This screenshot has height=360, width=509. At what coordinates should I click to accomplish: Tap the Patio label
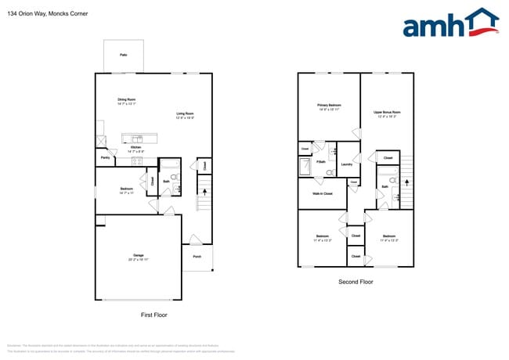(124, 55)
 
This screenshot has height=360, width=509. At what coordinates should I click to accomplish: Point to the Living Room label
(186, 114)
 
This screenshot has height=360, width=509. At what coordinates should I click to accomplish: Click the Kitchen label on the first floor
(135, 149)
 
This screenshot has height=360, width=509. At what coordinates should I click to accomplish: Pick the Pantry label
(105, 158)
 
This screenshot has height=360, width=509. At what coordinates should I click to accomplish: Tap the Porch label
(197, 257)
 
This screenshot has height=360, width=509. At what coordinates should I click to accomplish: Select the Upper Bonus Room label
(387, 113)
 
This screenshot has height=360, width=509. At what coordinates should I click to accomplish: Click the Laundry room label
(347, 164)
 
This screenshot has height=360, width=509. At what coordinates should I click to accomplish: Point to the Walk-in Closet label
(323, 193)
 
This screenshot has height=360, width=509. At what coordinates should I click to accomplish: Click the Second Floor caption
(356, 282)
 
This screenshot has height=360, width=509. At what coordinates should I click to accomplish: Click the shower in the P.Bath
(305, 167)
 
